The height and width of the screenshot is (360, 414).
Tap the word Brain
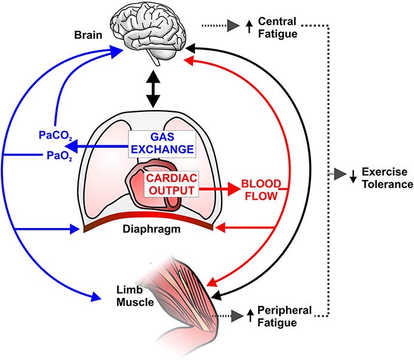point(88,35)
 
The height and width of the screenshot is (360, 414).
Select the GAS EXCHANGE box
point(162,144)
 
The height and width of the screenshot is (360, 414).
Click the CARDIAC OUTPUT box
point(171,184)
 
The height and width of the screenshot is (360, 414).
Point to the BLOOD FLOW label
point(261,190)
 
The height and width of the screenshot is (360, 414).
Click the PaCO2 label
point(55,135)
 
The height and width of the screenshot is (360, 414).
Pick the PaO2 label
point(60,156)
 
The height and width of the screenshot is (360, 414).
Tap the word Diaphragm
point(152,229)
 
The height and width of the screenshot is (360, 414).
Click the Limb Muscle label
point(135,296)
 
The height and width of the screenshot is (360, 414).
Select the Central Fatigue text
point(278,28)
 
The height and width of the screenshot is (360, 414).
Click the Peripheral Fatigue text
point(284,316)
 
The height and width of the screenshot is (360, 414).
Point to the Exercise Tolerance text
point(387,178)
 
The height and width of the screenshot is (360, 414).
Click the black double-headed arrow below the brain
point(153,89)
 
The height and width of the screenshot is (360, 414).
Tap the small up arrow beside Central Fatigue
point(249,27)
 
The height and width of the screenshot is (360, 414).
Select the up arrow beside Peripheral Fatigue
point(250,315)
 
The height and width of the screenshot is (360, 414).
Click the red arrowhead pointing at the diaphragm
point(220,227)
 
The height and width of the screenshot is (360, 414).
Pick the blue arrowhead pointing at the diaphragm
point(74,229)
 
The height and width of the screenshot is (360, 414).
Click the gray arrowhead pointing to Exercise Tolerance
point(340,174)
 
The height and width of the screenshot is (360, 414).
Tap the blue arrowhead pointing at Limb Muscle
point(96,297)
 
